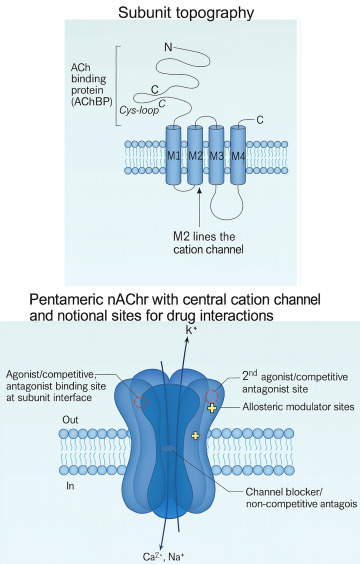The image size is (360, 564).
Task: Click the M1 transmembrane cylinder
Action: point(174,155)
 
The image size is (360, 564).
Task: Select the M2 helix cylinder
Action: point(195,155)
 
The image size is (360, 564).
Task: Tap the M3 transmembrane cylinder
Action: point(217,155)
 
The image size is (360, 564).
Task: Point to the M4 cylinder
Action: point(238,155)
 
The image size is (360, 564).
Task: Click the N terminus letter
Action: point(168,47)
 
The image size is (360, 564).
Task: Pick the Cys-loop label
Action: point(139,110)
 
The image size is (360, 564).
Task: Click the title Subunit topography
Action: point(186,13)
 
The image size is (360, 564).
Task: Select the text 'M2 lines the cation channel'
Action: point(208,243)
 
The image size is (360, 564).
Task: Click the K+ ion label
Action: point(191,329)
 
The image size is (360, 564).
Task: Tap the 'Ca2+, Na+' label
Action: point(164,557)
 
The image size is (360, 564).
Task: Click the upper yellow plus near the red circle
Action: point(212,408)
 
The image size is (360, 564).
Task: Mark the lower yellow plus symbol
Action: point(195,436)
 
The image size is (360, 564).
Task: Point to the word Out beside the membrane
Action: point(70,420)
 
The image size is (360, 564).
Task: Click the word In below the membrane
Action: point(70,486)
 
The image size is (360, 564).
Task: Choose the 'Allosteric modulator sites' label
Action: point(298,407)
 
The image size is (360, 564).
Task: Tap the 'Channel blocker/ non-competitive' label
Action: point(301,497)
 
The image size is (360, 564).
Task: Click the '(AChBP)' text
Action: point(92,101)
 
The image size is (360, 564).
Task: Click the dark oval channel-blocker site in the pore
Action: point(169,448)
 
